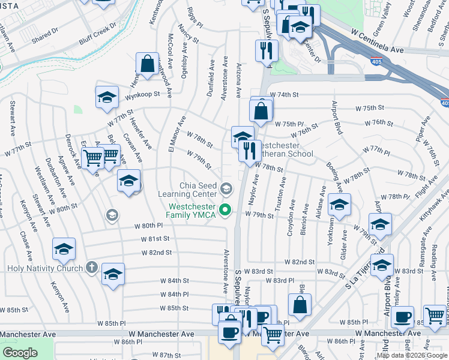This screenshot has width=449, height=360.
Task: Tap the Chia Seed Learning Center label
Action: [x=187, y=189]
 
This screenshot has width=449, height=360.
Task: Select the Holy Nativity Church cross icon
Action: [x=91, y=266]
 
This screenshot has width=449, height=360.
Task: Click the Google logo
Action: [x=20, y=353]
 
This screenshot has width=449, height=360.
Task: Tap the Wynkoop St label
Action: [x=143, y=94]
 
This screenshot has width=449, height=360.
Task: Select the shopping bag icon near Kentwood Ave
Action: [x=147, y=63]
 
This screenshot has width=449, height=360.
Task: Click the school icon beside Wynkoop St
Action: [x=107, y=98]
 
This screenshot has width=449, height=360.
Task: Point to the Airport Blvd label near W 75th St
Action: [x=337, y=117]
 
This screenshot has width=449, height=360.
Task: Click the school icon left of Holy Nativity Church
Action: [x=64, y=248]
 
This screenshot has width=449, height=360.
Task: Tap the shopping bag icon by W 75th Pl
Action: [x=261, y=110]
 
